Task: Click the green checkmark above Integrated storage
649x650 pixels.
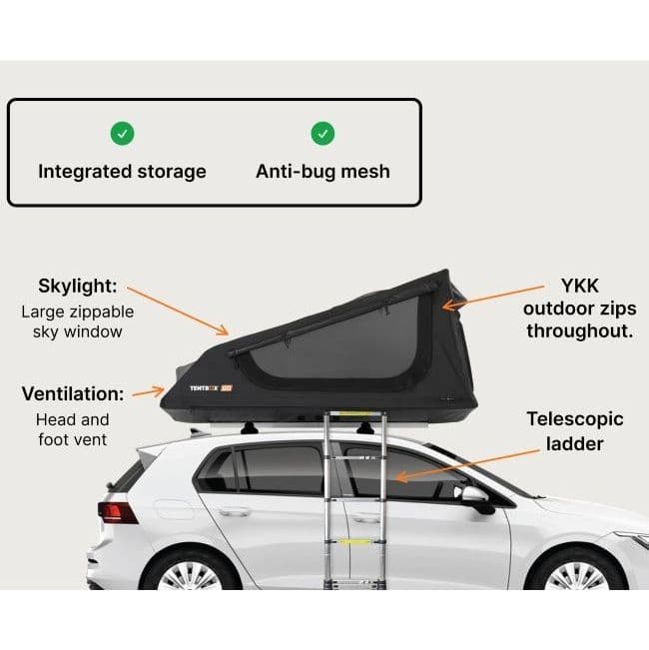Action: point(122,132)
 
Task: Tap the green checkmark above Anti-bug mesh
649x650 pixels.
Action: point(323,132)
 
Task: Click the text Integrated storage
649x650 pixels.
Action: point(122,171)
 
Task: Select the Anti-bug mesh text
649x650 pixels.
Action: point(323,171)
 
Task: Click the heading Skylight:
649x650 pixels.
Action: point(77,286)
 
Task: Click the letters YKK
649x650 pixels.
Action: point(580,285)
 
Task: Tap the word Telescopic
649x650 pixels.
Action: point(575,419)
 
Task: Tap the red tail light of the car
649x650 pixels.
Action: point(118,512)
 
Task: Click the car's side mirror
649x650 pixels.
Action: point(477,498)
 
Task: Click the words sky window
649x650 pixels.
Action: point(77,330)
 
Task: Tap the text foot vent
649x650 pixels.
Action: point(71,438)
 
